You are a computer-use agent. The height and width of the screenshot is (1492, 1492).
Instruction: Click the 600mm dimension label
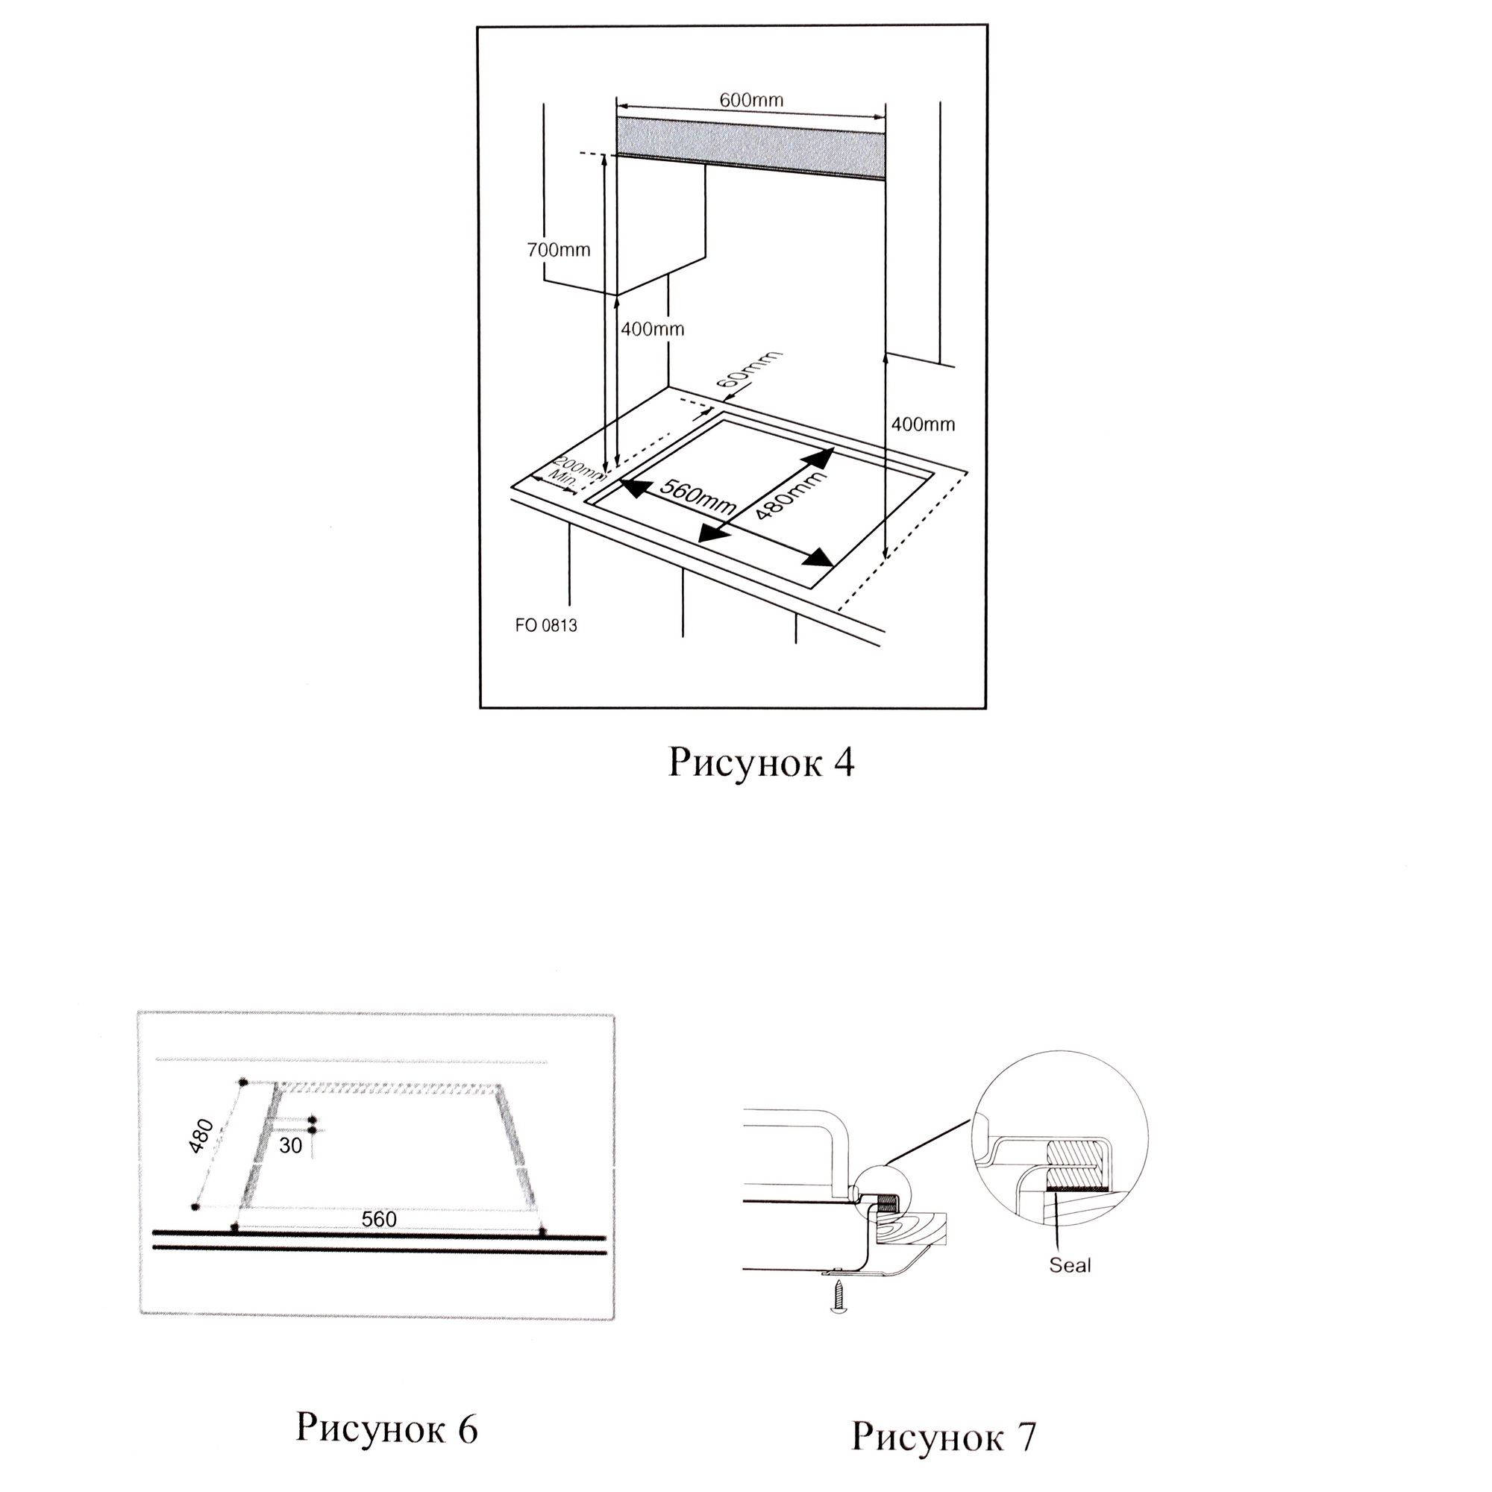pos(750,101)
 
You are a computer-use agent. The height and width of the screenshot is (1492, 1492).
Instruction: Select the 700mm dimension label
pos(558,250)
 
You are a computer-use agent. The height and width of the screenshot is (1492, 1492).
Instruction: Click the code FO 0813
pos(546,626)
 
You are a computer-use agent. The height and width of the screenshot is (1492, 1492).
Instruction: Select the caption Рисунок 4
pos(761,763)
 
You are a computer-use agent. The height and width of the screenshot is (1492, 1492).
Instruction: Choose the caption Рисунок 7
pos(943,1436)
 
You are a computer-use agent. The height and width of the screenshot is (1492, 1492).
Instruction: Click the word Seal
pos(1070,1265)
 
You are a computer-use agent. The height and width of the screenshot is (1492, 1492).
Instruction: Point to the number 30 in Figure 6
pos(290,1146)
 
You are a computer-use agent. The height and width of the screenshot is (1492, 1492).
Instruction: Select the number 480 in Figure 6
pos(201,1135)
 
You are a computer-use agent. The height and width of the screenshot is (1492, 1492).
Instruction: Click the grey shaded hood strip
pos(750,151)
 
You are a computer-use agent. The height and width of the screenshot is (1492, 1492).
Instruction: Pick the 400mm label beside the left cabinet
pos(653,329)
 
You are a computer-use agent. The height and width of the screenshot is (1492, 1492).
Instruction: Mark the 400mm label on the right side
pos(923,424)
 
